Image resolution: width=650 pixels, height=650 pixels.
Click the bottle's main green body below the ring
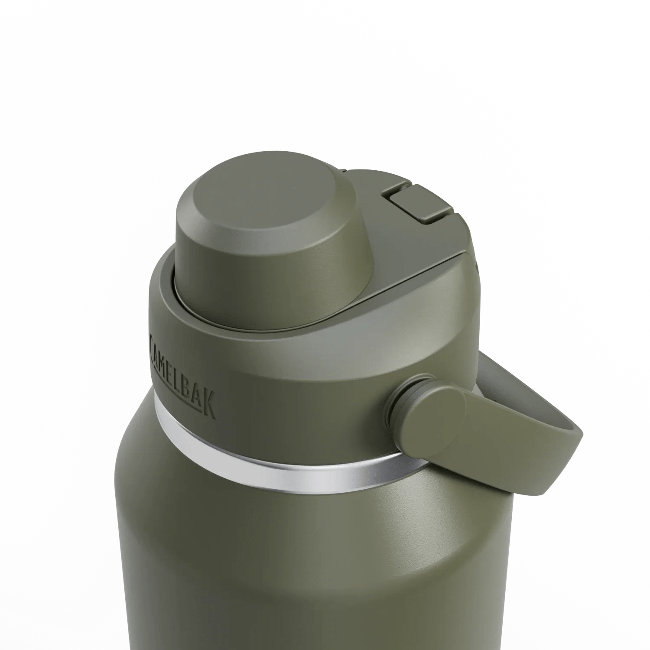(x=303, y=563)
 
